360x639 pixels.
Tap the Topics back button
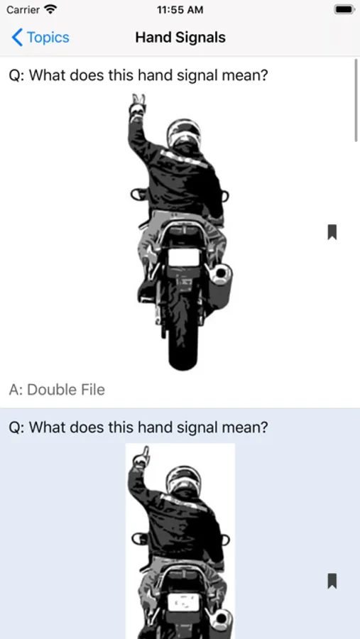(x=40, y=38)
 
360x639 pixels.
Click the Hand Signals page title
(x=180, y=38)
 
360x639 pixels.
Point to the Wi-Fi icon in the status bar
(x=50, y=9)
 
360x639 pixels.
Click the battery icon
(x=344, y=9)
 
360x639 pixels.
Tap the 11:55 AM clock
(x=180, y=10)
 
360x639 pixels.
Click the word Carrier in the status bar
(x=23, y=10)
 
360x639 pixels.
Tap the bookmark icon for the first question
(x=332, y=232)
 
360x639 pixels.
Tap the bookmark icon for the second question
(x=332, y=581)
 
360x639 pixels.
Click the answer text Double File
(x=65, y=390)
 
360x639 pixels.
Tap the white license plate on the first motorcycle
(x=184, y=258)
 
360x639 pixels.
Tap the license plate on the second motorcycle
(x=184, y=603)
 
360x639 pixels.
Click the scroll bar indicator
(x=356, y=100)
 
